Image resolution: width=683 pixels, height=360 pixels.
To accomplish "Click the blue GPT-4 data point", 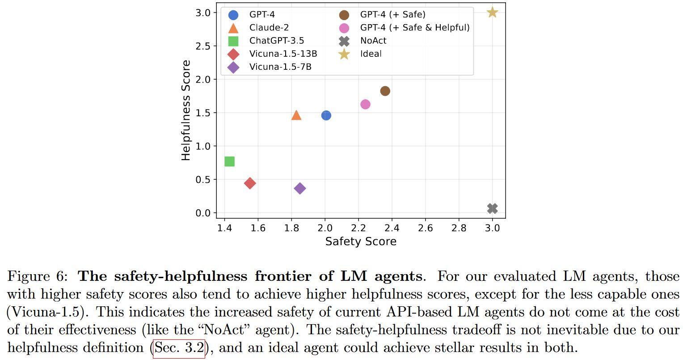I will (x=326, y=115).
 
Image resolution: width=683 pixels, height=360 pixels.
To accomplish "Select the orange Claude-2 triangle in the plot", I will (x=296, y=115).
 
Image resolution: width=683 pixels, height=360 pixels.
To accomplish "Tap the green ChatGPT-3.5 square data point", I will (x=229, y=161).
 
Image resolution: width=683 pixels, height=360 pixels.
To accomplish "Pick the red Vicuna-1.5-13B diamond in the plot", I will (x=250, y=183).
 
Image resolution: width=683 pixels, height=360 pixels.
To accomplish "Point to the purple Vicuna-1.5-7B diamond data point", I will (x=300, y=188).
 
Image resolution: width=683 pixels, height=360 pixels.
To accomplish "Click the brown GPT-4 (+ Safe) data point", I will (x=385, y=91).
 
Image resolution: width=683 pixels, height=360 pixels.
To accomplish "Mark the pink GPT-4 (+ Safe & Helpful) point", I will (x=365, y=104).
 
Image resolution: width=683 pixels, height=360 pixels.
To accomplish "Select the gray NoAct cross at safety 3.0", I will (x=492, y=208).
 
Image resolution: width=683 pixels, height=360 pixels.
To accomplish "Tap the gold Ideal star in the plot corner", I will (x=492, y=13).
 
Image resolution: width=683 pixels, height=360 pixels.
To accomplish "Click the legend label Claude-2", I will (x=269, y=28).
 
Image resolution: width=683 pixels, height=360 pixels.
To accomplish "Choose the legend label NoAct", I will (x=373, y=41).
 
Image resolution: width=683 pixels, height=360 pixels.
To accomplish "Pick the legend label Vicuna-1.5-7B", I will (x=280, y=67).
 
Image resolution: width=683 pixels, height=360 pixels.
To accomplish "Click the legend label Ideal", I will (x=371, y=54).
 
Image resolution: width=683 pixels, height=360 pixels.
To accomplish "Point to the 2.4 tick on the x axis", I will (x=392, y=228).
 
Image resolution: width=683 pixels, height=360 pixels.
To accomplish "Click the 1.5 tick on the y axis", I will (x=203, y=113).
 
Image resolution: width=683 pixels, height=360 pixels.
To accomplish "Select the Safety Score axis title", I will (x=361, y=241).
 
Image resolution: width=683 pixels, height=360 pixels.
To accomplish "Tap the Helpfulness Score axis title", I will (x=186, y=110).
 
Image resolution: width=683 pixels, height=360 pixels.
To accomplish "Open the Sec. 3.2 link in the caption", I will (x=179, y=348).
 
